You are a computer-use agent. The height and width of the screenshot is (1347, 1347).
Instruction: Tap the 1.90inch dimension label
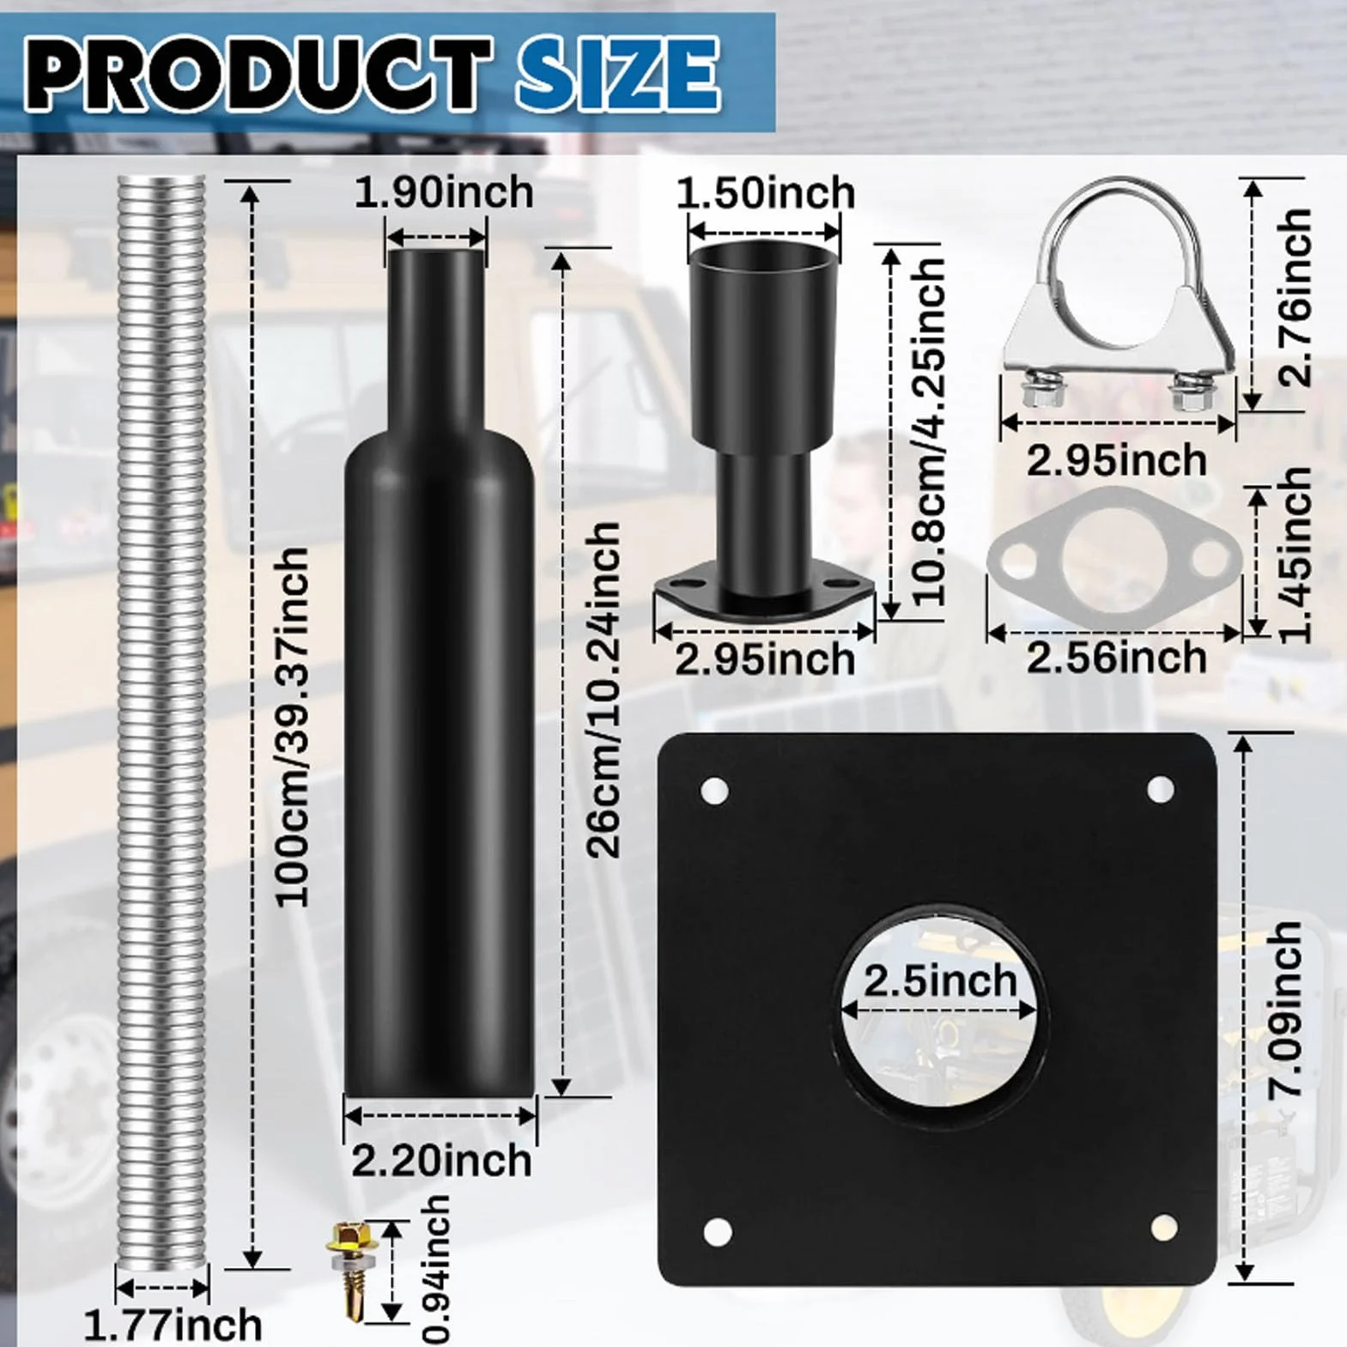coord(444,192)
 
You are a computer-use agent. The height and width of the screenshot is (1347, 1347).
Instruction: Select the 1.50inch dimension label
coord(766,193)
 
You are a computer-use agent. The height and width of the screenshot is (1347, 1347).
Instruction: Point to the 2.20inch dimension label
coord(442,1161)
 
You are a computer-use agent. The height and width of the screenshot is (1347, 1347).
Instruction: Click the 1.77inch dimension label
coord(173,1325)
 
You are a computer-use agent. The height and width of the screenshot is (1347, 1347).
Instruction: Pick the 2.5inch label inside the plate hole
coord(940,980)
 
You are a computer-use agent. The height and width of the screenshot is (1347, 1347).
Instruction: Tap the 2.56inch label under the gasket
coord(1117,658)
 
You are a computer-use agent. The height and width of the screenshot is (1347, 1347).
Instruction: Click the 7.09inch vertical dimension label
coord(1285,1009)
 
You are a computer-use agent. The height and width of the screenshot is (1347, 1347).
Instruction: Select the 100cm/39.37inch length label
coord(292,726)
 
